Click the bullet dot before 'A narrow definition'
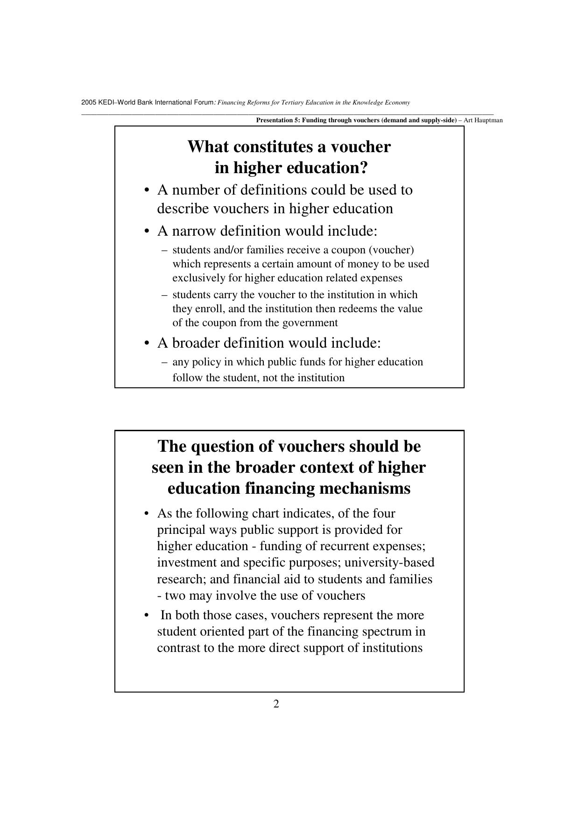click(147, 231)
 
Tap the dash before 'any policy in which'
click(164, 362)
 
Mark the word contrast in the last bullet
click(180, 648)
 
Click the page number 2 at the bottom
click(276, 704)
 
